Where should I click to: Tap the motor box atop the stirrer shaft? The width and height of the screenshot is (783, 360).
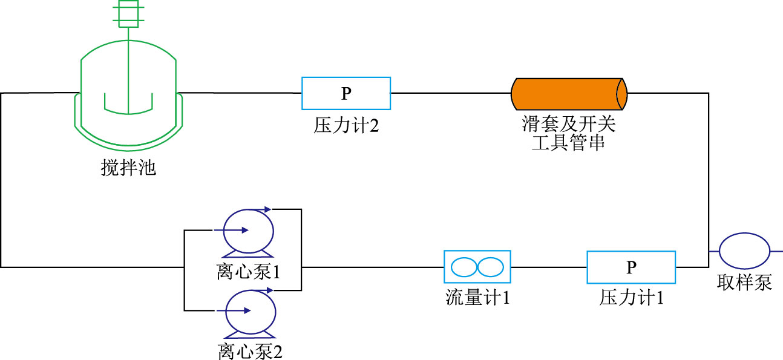tap(128, 14)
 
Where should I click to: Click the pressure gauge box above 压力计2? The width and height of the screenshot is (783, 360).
tap(346, 93)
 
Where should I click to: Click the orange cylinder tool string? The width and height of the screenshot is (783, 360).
tap(569, 93)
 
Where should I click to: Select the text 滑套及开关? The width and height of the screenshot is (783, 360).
tap(569, 125)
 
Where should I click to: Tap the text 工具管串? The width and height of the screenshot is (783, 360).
tap(568, 143)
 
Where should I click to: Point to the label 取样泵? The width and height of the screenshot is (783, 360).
tap(745, 283)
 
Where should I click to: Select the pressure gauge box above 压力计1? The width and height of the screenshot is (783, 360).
tap(631, 267)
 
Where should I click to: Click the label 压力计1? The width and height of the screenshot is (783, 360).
tap(632, 298)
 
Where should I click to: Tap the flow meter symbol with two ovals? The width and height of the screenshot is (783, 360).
tap(477, 266)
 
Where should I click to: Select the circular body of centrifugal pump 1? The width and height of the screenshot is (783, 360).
tap(248, 230)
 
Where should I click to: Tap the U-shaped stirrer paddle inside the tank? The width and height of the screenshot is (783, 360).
tap(128, 104)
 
